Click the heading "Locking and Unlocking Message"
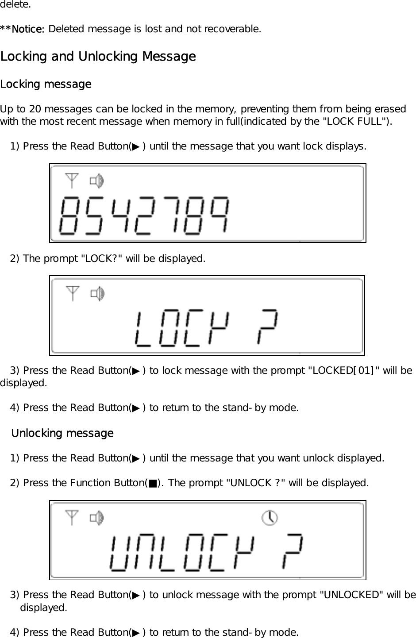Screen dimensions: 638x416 (98, 57)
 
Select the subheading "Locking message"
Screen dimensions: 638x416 (46, 84)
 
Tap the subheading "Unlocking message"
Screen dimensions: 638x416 (62, 433)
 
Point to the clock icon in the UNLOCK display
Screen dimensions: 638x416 (270, 517)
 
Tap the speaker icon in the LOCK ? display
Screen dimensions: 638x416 (97, 293)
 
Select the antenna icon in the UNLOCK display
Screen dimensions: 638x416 (72, 517)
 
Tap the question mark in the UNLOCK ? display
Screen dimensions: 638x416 (293, 553)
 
